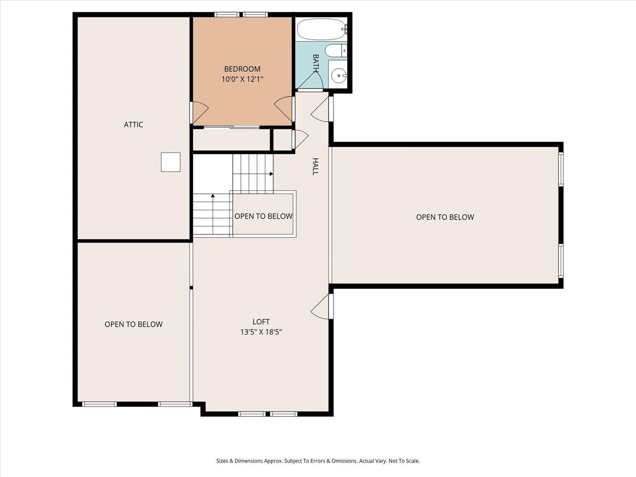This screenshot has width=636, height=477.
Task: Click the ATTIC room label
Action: [133, 125]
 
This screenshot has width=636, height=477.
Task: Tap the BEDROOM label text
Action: [242, 69]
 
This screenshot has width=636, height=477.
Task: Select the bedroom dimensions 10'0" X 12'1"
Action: [242, 79]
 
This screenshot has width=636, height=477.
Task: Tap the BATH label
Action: [315, 64]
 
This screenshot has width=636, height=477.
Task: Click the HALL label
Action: [315, 166]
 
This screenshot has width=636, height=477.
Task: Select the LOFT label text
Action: [261, 322]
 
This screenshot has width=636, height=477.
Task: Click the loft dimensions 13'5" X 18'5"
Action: [261, 332]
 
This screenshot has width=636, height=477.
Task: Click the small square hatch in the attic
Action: [170, 162]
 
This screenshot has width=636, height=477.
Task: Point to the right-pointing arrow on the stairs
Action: [271, 173]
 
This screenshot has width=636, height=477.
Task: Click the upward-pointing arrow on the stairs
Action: [213, 196]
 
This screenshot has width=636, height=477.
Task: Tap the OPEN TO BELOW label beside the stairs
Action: [263, 216]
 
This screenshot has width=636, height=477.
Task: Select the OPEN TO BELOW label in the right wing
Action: [445, 217]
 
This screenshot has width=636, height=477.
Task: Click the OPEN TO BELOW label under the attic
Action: [133, 324]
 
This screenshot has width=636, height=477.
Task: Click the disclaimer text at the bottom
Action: [318, 461]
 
